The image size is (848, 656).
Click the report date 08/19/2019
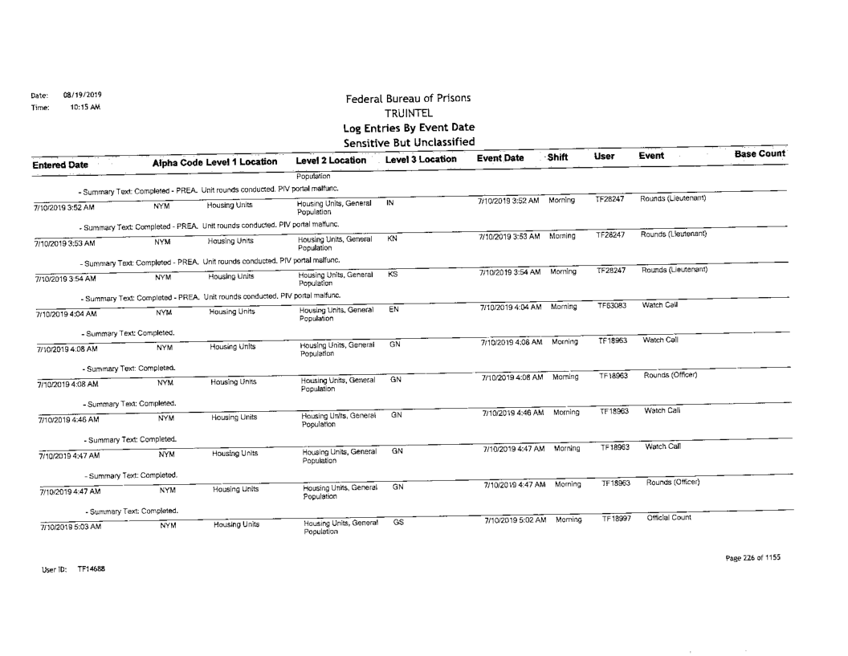click(77, 94)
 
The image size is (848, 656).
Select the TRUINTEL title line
click(408, 113)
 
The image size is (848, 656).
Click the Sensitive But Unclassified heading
click(408, 142)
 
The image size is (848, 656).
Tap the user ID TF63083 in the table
click(614, 307)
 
